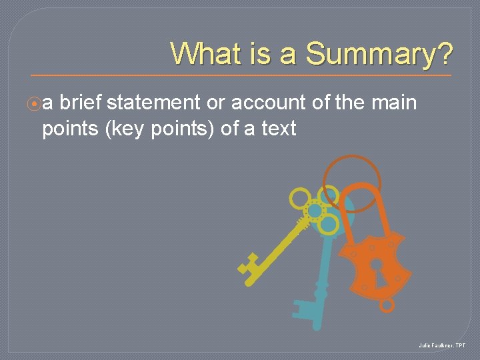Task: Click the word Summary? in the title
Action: [x=379, y=54]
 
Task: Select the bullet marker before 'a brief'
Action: [x=36, y=104]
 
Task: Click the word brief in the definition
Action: [x=81, y=103]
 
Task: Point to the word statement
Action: [x=153, y=103]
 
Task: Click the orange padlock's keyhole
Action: [x=376, y=267]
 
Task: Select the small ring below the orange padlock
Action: [x=387, y=305]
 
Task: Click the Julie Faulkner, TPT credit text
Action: [x=443, y=345]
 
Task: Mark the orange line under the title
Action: [x=240, y=74]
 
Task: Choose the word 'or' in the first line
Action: [x=215, y=103]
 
